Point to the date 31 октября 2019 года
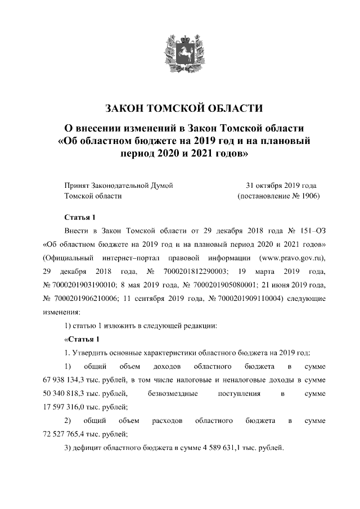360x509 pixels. click(x=281, y=184)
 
